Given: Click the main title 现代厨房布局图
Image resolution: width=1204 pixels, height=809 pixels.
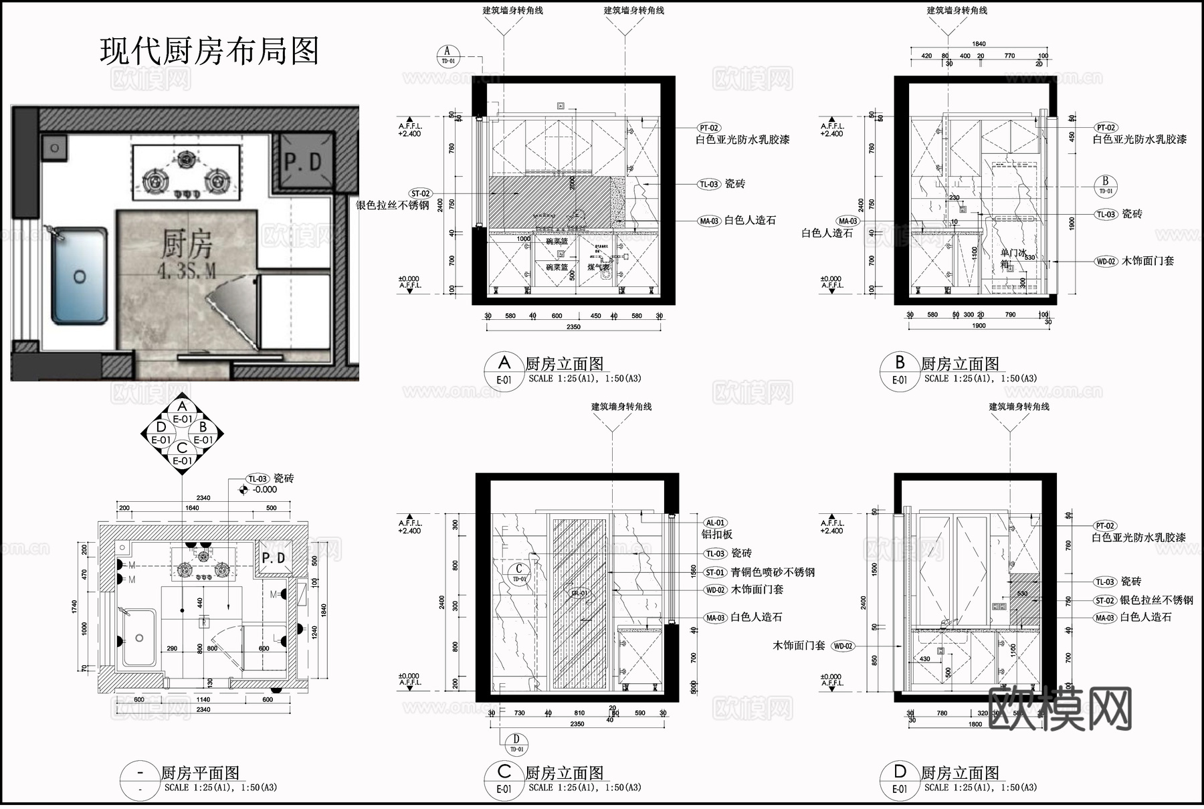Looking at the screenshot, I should pos(209,52).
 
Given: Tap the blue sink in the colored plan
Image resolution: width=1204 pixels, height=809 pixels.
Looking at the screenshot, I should pos(80,276).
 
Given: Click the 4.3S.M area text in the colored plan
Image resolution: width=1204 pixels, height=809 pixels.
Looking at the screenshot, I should pos(187,271).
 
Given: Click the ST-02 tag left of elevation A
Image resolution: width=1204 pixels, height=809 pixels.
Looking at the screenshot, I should pos(421,193).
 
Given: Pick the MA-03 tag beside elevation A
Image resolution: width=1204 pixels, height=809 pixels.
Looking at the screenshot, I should pos(708,221).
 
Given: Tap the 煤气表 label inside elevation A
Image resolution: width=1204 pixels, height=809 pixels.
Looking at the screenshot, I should pos(599,267).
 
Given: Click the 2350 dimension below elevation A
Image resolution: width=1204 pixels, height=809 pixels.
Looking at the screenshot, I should pos(573,327).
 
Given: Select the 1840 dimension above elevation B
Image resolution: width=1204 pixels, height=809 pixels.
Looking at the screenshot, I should pos(979,44).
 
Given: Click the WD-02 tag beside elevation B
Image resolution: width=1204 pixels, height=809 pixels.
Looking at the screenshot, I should pos(1106,262).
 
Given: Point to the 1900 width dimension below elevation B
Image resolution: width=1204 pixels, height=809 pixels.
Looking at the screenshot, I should pos(979,326).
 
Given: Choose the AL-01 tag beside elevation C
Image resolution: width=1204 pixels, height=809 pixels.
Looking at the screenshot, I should pos(715,523).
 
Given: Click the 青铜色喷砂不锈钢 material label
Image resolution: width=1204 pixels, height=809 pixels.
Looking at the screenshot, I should pos(773,572).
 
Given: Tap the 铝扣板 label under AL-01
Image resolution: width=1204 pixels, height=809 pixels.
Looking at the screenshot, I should pos(717,535).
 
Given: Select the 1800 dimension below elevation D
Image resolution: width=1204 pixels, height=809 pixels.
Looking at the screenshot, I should pos(975,724).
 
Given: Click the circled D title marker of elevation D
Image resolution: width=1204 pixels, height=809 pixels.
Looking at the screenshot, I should pos(900,773).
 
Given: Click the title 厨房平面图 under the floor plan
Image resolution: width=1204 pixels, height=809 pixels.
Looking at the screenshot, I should pos(200,774).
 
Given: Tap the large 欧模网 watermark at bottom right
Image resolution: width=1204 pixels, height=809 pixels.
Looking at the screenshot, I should pos(1060,710).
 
